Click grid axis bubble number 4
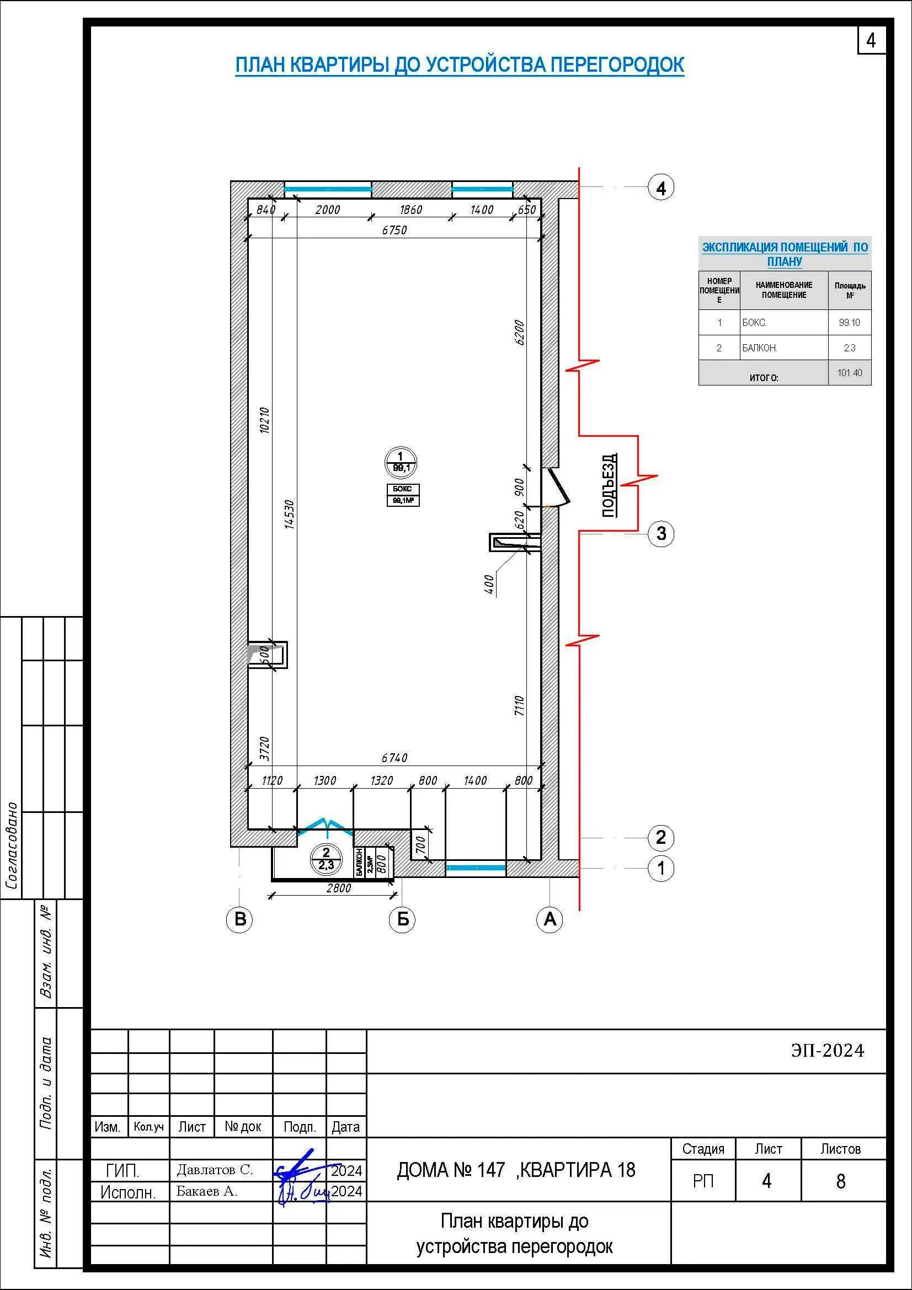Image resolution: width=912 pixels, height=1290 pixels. pyautogui.click(x=661, y=188)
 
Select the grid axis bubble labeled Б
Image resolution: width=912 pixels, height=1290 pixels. pyautogui.click(x=402, y=919)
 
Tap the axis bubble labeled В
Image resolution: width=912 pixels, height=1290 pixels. pyautogui.click(x=239, y=919)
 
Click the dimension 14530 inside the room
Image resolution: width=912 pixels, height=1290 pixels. pyautogui.click(x=289, y=514)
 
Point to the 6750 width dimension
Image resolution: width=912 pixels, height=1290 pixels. pyautogui.click(x=394, y=231)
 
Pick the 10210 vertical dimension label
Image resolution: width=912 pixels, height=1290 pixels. pyautogui.click(x=265, y=420)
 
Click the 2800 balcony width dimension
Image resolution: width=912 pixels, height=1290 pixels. pyautogui.click(x=338, y=888)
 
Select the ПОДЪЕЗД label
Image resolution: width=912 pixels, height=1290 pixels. pyautogui.click(x=610, y=485)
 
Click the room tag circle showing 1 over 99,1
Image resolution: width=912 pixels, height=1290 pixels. pyautogui.click(x=401, y=462)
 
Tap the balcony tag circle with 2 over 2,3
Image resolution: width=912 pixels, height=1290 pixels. pyautogui.click(x=326, y=859)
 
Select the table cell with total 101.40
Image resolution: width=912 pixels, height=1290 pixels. pyautogui.click(x=850, y=372)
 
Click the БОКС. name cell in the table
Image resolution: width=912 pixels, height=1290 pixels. pyautogui.click(x=784, y=323)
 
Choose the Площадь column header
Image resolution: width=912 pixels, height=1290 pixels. pyautogui.click(x=850, y=290)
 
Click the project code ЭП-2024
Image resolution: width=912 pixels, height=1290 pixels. pyautogui.click(x=828, y=1051)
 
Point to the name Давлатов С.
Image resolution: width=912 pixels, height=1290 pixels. pyautogui.click(x=215, y=1170)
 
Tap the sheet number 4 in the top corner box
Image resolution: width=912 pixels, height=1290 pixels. pyautogui.click(x=871, y=40)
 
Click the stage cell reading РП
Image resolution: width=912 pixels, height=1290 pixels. pyautogui.click(x=703, y=1181)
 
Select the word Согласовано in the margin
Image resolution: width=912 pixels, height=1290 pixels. pyautogui.click(x=12, y=846)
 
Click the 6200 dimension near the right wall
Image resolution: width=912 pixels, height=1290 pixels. pyautogui.click(x=519, y=333)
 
